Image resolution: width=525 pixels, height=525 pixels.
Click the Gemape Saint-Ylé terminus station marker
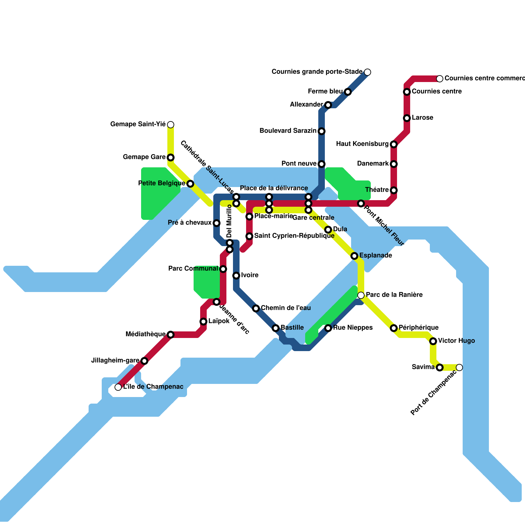[x=171, y=125]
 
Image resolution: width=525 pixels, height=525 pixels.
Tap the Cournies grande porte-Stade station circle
[x=367, y=72]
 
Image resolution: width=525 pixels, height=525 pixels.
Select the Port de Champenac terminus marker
[x=459, y=367]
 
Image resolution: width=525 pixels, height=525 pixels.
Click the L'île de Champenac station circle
[x=118, y=387]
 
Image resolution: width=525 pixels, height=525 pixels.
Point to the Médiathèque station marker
[x=171, y=335]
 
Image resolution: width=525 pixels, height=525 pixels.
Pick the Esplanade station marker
[x=354, y=256]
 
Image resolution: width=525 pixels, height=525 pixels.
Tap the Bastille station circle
[x=276, y=328]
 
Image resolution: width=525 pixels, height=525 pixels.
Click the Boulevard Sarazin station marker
[x=322, y=131]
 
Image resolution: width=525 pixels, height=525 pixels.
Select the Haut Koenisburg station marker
[x=394, y=144]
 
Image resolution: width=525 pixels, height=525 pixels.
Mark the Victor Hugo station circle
[x=433, y=341]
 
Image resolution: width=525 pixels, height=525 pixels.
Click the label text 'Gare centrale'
[x=313, y=218]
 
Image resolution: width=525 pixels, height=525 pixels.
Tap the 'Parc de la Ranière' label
[x=394, y=295]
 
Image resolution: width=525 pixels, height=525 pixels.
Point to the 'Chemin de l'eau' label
[x=285, y=308]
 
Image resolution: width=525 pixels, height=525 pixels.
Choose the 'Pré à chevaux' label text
[x=190, y=222]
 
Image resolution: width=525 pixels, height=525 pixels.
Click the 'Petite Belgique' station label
[x=161, y=183]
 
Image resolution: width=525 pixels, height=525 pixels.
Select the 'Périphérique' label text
[x=418, y=327]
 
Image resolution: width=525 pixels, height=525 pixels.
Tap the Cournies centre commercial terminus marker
[x=440, y=79]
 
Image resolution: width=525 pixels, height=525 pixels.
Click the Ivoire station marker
[x=236, y=276]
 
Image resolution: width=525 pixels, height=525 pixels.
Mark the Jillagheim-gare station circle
[x=144, y=361]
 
